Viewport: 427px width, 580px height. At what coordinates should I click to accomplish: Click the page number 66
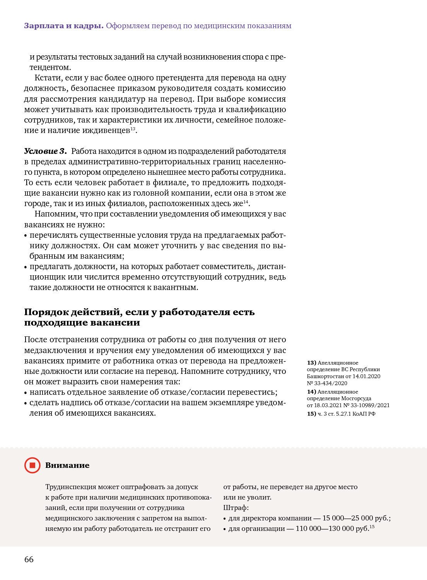click(29, 559)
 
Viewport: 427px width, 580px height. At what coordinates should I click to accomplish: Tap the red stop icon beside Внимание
click(32, 465)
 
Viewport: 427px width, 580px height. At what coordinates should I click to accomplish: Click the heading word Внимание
click(67, 465)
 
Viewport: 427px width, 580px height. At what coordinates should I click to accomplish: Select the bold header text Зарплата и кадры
click(64, 26)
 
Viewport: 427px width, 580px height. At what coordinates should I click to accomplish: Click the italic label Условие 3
click(45, 151)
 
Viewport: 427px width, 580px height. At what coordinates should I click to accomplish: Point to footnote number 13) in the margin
click(311, 363)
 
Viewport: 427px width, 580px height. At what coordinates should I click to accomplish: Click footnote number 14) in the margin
click(311, 392)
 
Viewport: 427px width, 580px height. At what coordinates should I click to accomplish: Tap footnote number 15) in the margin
click(311, 414)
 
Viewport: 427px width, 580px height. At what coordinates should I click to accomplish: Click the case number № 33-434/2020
click(327, 383)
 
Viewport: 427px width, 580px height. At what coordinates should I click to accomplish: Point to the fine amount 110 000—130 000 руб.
click(332, 529)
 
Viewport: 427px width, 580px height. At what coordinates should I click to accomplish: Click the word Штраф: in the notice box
click(236, 508)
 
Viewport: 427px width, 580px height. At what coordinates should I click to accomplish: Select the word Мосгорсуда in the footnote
click(356, 398)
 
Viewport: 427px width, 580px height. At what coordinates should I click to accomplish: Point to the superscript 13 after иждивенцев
click(133, 128)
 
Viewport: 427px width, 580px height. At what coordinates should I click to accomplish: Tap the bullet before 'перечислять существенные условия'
click(26, 235)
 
